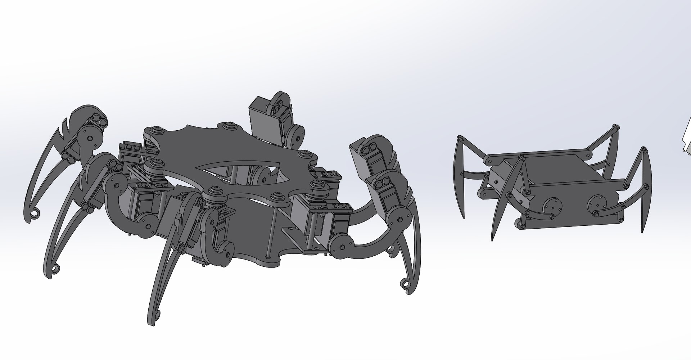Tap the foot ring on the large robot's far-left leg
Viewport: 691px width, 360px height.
point(35,215)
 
